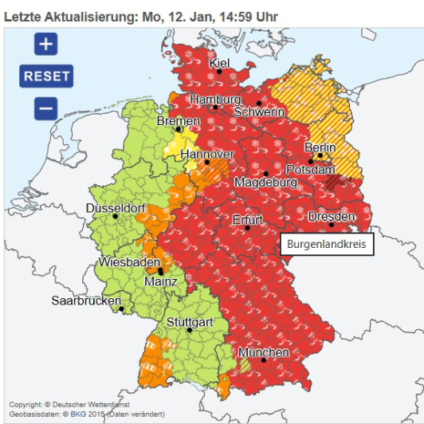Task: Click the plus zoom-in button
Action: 45,44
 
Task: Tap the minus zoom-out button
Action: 45,108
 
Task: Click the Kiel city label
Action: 219,63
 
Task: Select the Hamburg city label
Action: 214,100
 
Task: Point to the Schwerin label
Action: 258,112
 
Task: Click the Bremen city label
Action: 178,121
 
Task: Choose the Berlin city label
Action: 320,148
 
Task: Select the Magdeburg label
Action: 265,183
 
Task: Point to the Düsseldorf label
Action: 116,208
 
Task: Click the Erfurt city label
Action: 247,219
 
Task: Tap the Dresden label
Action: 331,217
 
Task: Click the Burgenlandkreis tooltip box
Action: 327,245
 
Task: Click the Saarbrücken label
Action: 86,301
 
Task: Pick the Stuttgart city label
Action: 189,322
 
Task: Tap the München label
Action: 263,352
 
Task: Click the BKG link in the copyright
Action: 78,414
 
